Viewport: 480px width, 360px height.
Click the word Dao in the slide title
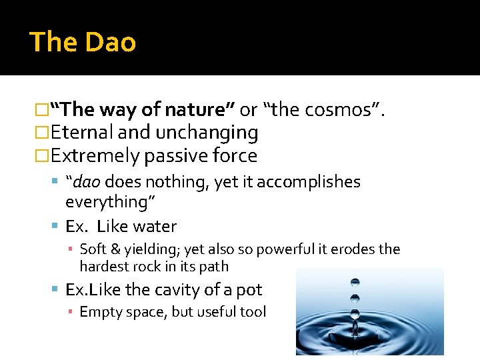110,43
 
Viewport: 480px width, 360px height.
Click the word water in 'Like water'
155,227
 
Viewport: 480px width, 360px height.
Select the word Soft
93,249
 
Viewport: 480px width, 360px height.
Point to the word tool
253,311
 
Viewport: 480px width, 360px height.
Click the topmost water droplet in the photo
355,283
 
